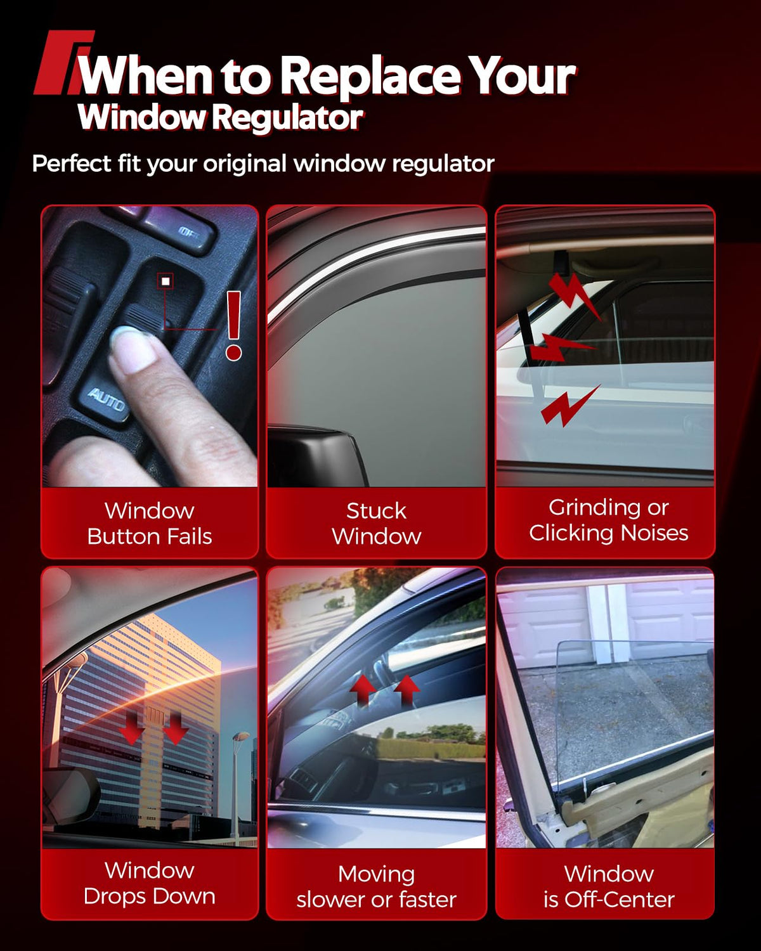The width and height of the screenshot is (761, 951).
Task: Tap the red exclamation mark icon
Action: [233, 326]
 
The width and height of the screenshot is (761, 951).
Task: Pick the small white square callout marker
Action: [166, 281]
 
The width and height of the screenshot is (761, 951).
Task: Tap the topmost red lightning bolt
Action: [575, 295]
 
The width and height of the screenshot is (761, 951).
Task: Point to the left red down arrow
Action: [131, 727]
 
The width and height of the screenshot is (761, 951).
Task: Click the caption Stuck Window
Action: [376, 524]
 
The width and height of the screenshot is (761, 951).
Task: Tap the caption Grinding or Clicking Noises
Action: [608, 520]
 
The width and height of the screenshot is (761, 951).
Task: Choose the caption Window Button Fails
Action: [150, 524]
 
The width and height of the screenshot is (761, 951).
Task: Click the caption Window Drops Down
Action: [150, 884]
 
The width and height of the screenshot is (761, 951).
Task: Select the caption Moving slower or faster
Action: [376, 887]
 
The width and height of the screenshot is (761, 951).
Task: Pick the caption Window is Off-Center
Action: [609, 887]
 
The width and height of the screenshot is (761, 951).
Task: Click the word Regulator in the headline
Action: [288, 118]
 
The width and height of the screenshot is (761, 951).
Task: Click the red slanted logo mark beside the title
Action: [63, 62]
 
